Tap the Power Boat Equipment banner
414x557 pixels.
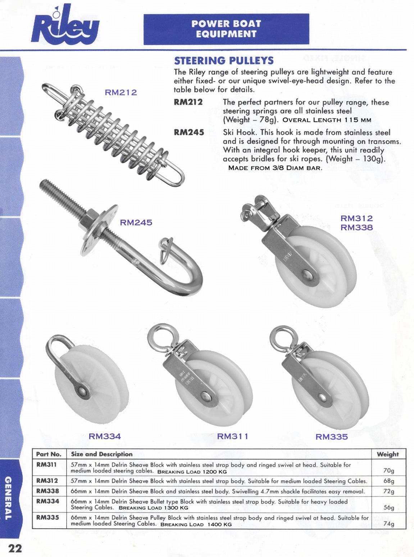pyautogui.click(x=226, y=29)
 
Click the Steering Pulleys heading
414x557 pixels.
pyautogui.click(x=223, y=60)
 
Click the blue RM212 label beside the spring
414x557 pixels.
pyautogui.click(x=121, y=92)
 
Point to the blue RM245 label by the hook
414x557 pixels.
pyautogui.click(x=136, y=222)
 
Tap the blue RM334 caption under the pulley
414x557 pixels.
pyautogui.click(x=105, y=436)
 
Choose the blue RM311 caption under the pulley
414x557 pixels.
pyautogui.click(x=233, y=436)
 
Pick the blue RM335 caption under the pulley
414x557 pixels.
pyautogui.click(x=332, y=437)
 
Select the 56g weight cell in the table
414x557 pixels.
pyautogui.click(x=389, y=508)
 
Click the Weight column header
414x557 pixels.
pyautogui.click(x=388, y=454)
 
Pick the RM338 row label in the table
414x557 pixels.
pyautogui.click(x=47, y=491)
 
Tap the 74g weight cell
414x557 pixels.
pyautogui.click(x=389, y=524)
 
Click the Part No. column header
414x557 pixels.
pyautogui.click(x=49, y=454)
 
